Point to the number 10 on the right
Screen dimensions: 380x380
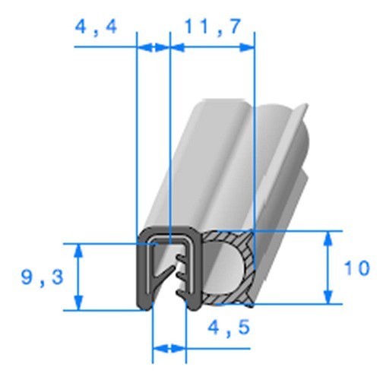coord(356,268)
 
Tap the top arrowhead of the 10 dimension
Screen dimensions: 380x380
coord(328,237)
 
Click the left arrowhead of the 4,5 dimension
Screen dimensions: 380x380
coord(158,350)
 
